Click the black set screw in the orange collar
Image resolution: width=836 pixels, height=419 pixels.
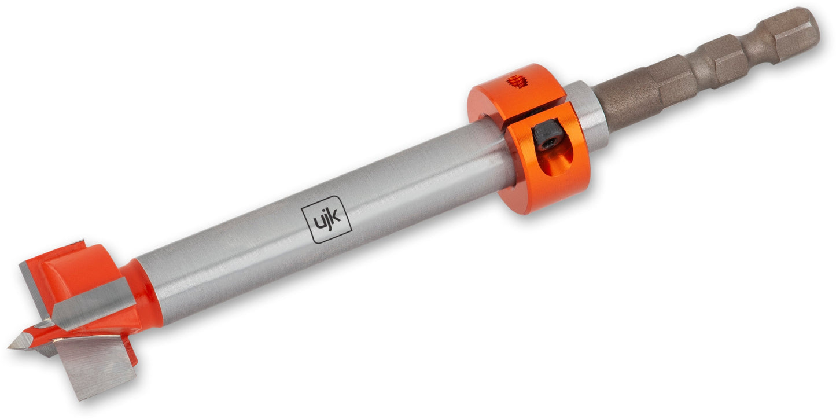(x=547, y=135)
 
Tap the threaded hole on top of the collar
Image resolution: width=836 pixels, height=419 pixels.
(x=517, y=80)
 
